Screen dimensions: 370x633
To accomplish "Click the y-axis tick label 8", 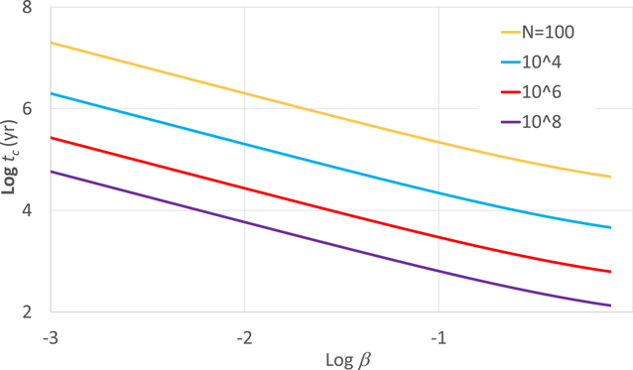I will click(26, 9).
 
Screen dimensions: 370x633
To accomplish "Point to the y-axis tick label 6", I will click(26, 109).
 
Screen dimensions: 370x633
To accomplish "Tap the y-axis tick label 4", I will click(26, 210).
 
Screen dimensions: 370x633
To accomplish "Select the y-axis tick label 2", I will click(26, 311).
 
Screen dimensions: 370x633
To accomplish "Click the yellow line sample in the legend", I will click(498, 31).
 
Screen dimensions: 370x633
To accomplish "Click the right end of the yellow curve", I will click(610, 177).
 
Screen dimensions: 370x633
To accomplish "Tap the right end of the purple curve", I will click(610, 306).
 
